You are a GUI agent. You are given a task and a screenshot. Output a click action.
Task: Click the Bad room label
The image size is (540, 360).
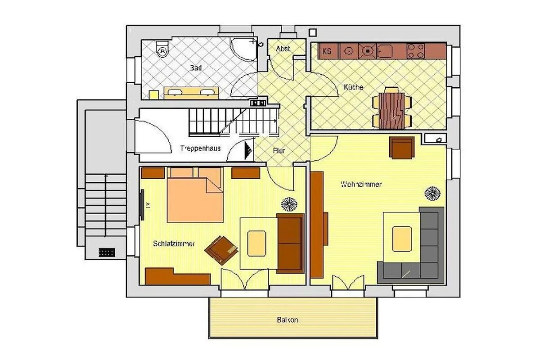click(x=196, y=68)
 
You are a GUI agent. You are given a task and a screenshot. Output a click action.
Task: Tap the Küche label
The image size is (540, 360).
click(x=353, y=87)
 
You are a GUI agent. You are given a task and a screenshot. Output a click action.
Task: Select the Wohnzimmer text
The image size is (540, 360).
click(x=361, y=184)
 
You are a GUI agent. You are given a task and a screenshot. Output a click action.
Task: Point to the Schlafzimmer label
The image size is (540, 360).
click(x=174, y=243)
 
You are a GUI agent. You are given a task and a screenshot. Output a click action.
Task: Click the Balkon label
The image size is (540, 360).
click(x=288, y=320)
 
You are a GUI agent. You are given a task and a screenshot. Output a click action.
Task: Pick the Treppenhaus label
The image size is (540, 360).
click(x=200, y=148)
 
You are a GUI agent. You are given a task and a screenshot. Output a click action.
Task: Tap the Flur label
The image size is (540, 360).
click(x=279, y=151)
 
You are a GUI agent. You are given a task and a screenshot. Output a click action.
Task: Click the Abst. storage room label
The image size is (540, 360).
click(x=283, y=49)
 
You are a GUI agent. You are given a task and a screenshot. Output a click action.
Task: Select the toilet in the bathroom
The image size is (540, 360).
click(x=162, y=49)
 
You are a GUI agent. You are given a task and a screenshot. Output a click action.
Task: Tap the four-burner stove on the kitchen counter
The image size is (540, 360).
click(x=415, y=51)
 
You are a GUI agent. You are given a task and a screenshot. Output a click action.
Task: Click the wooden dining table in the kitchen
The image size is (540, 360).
click(x=391, y=111)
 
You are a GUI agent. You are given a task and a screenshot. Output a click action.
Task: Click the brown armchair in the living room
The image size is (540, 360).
click(x=402, y=148)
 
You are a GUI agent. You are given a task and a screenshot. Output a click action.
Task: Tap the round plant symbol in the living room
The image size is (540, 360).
click(x=432, y=193)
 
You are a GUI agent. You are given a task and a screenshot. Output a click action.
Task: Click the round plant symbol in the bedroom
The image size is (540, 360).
click(x=289, y=204)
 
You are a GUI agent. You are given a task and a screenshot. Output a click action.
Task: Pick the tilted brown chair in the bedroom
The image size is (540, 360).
click(x=221, y=250)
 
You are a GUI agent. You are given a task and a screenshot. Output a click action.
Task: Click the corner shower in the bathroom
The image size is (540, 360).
click(x=243, y=49)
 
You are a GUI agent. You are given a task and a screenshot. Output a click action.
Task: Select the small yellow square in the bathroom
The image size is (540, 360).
click(x=154, y=95)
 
